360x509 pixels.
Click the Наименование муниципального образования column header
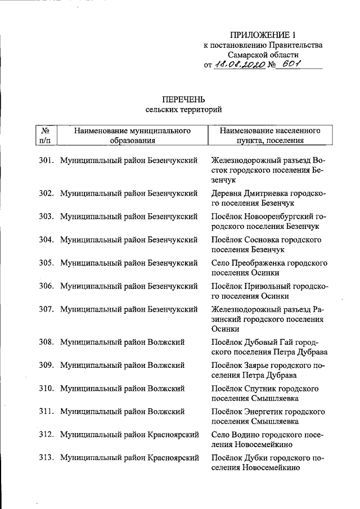(132, 136)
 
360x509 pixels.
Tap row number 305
(46, 263)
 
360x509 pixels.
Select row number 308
(46, 342)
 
